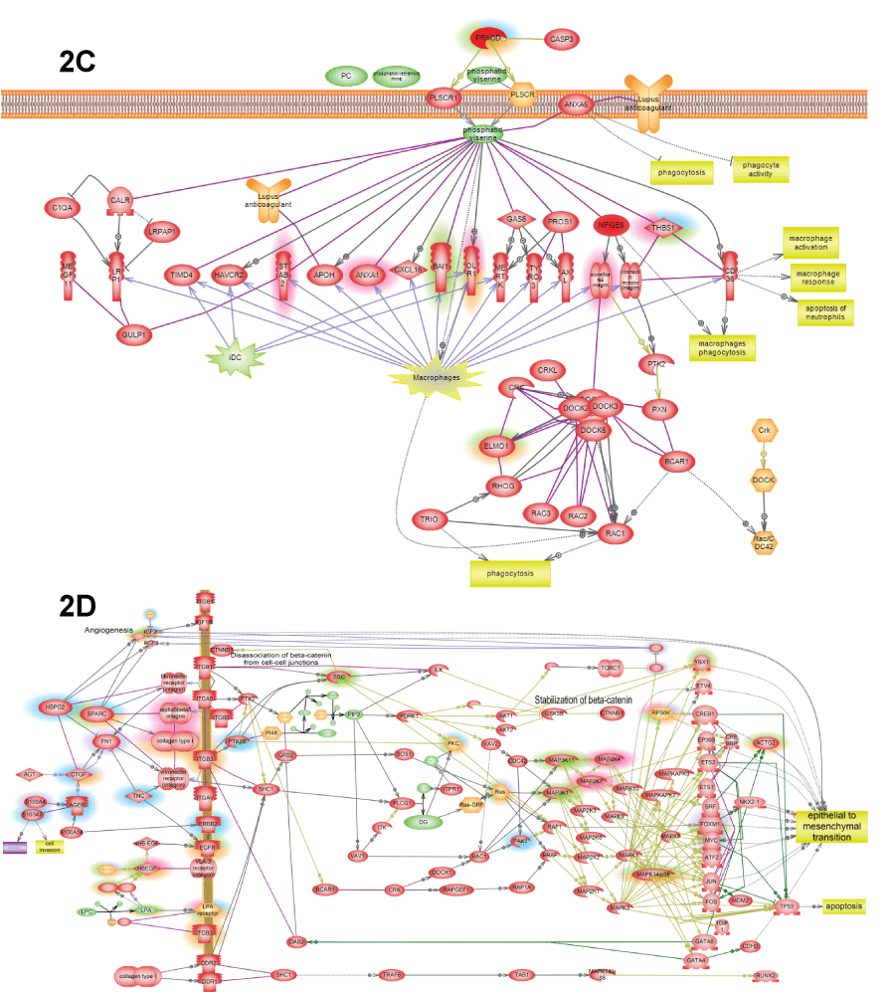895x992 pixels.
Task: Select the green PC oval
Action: tap(346, 76)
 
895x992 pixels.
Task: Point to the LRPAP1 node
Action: tap(161, 231)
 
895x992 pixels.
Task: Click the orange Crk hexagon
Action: tap(764, 431)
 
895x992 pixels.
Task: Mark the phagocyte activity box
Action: tap(760, 171)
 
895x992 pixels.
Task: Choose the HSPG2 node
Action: tap(55, 707)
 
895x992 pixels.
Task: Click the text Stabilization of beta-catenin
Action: tap(591, 699)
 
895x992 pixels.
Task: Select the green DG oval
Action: tap(422, 822)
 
